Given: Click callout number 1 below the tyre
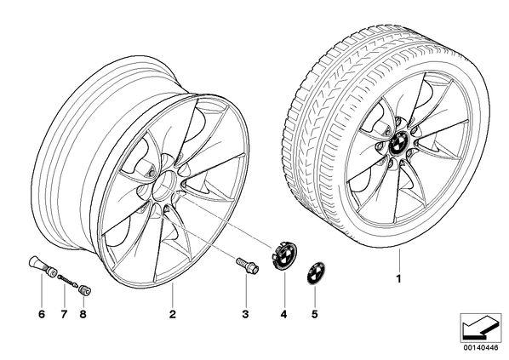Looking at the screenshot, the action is point(399,278).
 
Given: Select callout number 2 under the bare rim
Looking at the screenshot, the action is point(173,314).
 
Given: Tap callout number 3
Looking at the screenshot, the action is point(245,314).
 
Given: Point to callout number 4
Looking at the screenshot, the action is point(284,314).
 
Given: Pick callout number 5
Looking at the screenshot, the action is point(314,314).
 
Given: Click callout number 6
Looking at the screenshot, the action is point(42,314).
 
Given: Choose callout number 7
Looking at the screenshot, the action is point(64,314).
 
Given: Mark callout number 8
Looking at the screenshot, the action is point(83,314).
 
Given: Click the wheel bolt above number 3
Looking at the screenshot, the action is point(247,265).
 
